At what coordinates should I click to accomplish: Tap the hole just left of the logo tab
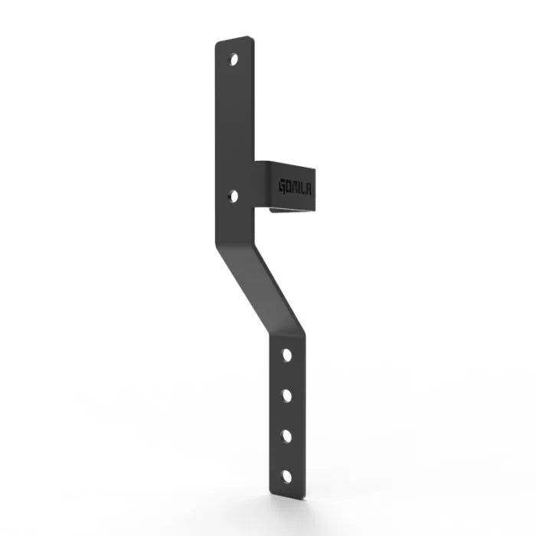[234, 196]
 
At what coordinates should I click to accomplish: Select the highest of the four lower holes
[286, 355]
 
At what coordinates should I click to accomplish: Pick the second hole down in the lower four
[286, 395]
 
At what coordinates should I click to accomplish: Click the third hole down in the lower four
[286, 435]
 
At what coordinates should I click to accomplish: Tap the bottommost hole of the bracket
[286, 476]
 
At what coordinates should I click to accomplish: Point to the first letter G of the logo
[282, 185]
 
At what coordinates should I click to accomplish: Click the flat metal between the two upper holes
[234, 126]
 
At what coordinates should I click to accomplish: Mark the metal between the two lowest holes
[286, 455]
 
